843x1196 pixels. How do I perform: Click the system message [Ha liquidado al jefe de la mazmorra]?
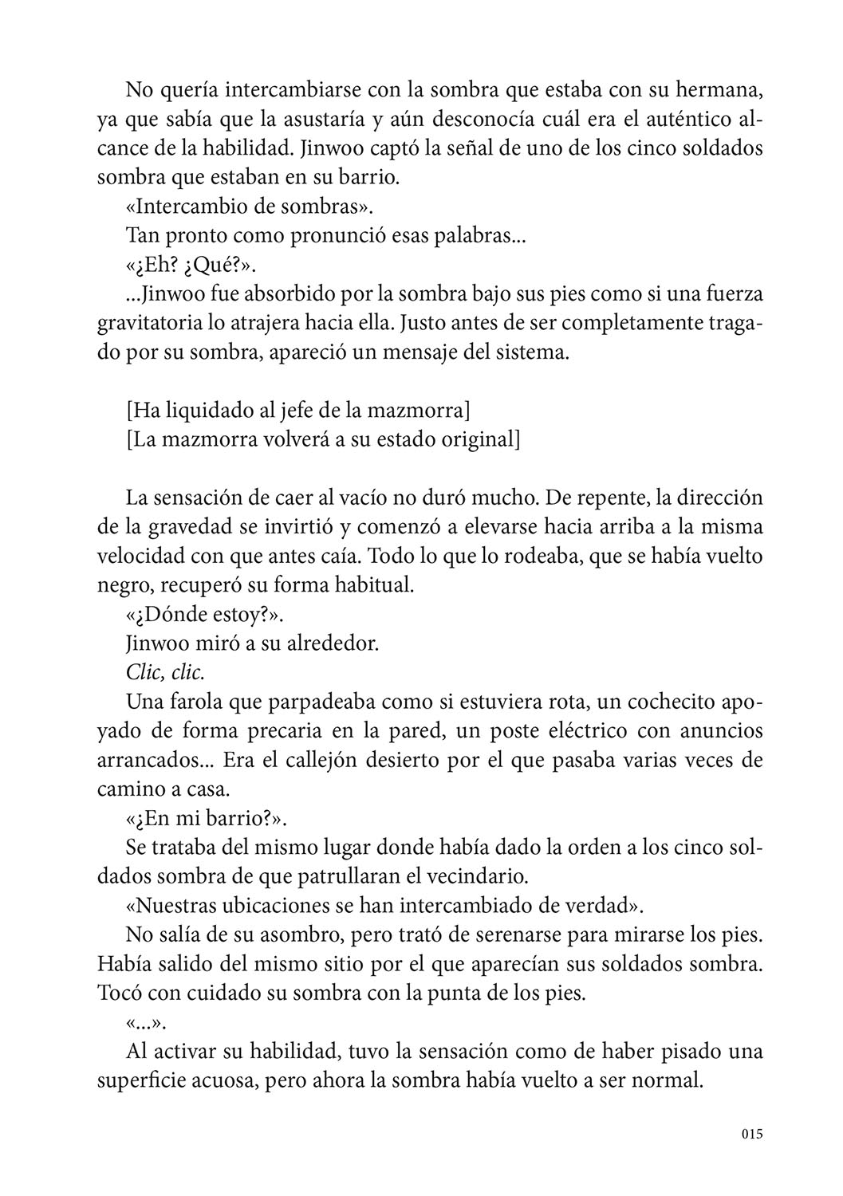pos(297,411)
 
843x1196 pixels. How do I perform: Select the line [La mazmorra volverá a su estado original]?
pos(323,439)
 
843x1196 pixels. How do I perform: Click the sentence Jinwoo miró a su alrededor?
pos(252,643)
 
